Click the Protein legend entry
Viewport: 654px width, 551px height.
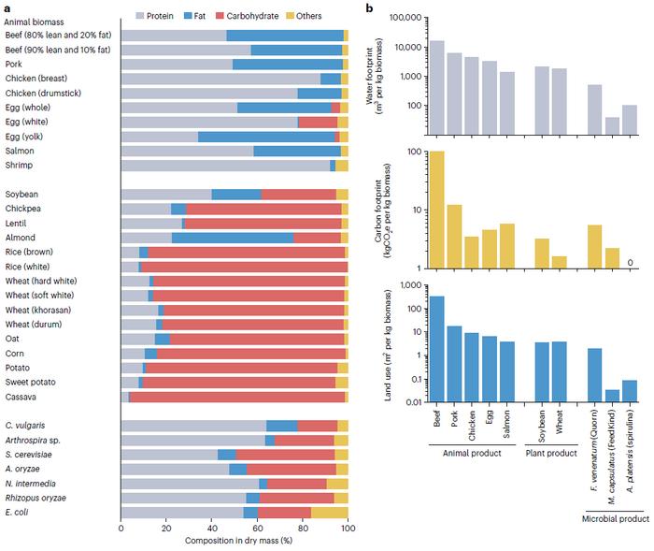click(184, 17)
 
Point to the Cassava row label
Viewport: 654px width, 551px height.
click(21, 397)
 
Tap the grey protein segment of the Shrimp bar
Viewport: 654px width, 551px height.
click(225, 166)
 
